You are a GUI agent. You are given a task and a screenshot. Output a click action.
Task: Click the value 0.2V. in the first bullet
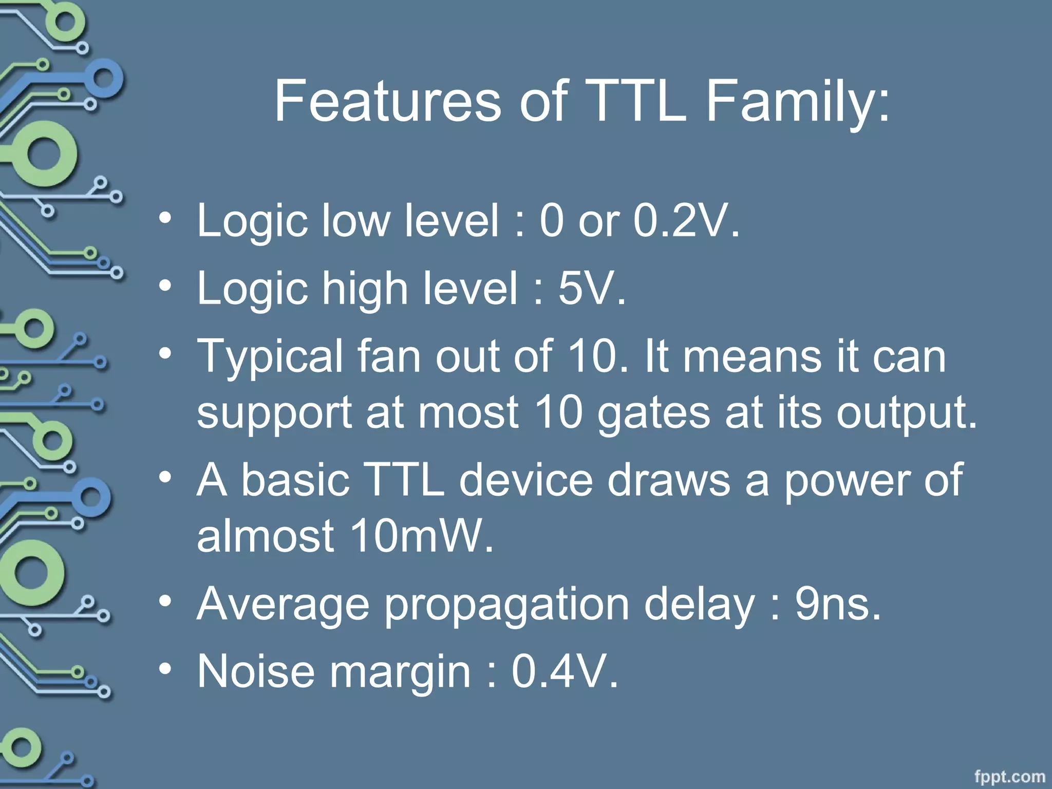coord(686,220)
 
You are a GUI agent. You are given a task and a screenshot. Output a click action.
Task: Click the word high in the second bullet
coord(364,289)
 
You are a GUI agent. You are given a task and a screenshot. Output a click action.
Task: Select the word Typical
coord(270,357)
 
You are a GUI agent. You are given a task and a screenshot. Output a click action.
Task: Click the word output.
coord(906,414)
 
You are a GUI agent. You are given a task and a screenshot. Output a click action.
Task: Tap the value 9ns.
coord(838,604)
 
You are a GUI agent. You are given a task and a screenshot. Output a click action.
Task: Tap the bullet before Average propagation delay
coord(164,599)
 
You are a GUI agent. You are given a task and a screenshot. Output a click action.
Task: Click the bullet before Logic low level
coord(164,217)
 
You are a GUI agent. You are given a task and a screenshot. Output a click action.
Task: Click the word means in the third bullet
coord(752,357)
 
